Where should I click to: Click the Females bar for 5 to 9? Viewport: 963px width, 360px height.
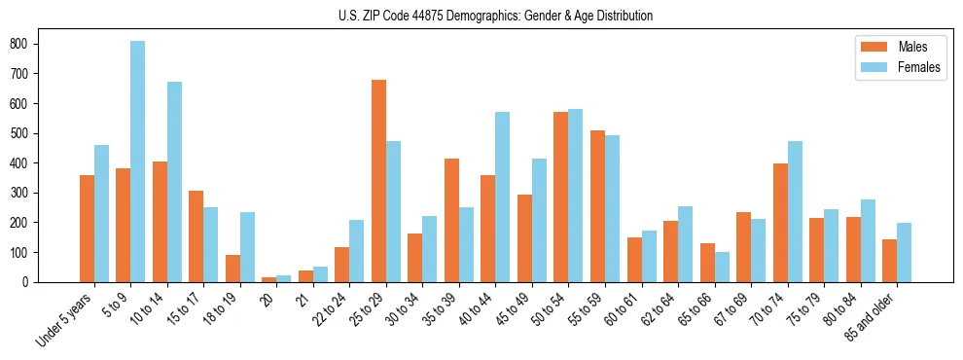pos(138,162)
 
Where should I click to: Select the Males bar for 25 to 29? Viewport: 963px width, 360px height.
pos(378,181)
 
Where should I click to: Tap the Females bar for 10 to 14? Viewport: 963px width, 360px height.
pos(174,182)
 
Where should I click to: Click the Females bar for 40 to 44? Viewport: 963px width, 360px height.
pos(503,197)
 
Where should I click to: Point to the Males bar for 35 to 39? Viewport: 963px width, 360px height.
pos(451,220)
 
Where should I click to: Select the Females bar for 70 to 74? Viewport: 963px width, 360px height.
pos(795,211)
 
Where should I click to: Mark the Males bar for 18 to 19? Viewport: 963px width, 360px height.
pos(232,269)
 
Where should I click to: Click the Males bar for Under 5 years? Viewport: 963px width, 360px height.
pos(87,229)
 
